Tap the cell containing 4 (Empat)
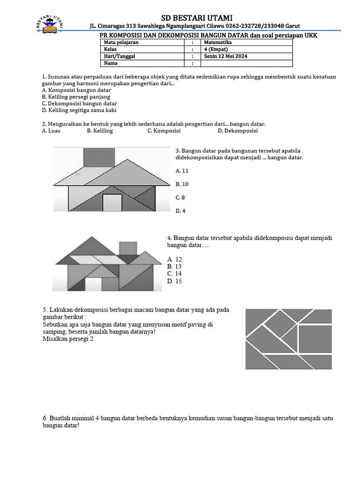[x=216, y=49]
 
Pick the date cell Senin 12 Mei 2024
[x=225, y=56]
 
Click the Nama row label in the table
[x=111, y=63]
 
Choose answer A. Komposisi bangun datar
[x=76, y=90]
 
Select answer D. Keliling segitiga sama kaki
[x=79, y=110]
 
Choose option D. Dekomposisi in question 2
[x=238, y=131]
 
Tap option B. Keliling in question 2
[x=100, y=131]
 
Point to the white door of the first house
[x=112, y=202]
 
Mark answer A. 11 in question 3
[x=182, y=171]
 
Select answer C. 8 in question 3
[x=180, y=197]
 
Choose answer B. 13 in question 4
[x=174, y=266]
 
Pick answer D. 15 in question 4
[x=174, y=281]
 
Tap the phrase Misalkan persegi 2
[x=67, y=339]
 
